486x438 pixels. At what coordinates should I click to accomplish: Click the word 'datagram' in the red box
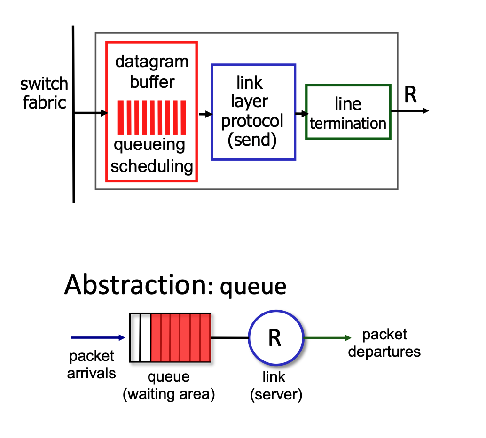point(152,62)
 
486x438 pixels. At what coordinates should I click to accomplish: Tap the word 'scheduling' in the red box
point(152,166)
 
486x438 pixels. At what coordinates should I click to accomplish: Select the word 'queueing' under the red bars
point(149,145)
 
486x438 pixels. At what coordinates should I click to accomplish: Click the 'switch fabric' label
point(44,93)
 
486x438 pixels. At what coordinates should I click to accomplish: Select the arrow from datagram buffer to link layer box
point(205,114)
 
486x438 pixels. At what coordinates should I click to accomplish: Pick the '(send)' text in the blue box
point(252,140)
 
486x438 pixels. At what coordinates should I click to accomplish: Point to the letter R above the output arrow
point(410,95)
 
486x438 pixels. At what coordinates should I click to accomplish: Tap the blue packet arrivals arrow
point(98,337)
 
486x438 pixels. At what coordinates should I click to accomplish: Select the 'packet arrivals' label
point(91,364)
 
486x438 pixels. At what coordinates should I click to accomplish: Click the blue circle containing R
point(275,338)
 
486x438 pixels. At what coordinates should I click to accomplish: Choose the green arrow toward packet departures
point(328,338)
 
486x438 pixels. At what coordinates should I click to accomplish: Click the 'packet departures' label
point(384,343)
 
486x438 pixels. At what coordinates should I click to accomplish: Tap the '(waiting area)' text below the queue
point(168,394)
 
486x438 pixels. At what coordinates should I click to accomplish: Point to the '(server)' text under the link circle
point(275,394)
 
